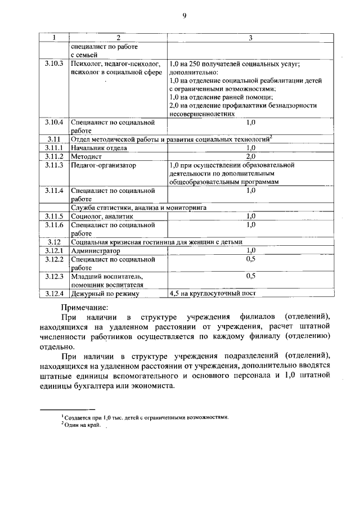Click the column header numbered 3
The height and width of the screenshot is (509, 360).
(250, 38)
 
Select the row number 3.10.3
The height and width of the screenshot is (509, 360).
(54, 65)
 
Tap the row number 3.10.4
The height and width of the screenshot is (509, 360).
(54, 121)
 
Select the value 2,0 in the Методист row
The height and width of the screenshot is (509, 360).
(250, 156)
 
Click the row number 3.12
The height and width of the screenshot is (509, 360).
(54, 242)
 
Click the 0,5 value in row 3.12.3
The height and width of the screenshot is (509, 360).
(250, 276)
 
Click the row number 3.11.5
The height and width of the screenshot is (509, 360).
(54, 216)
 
